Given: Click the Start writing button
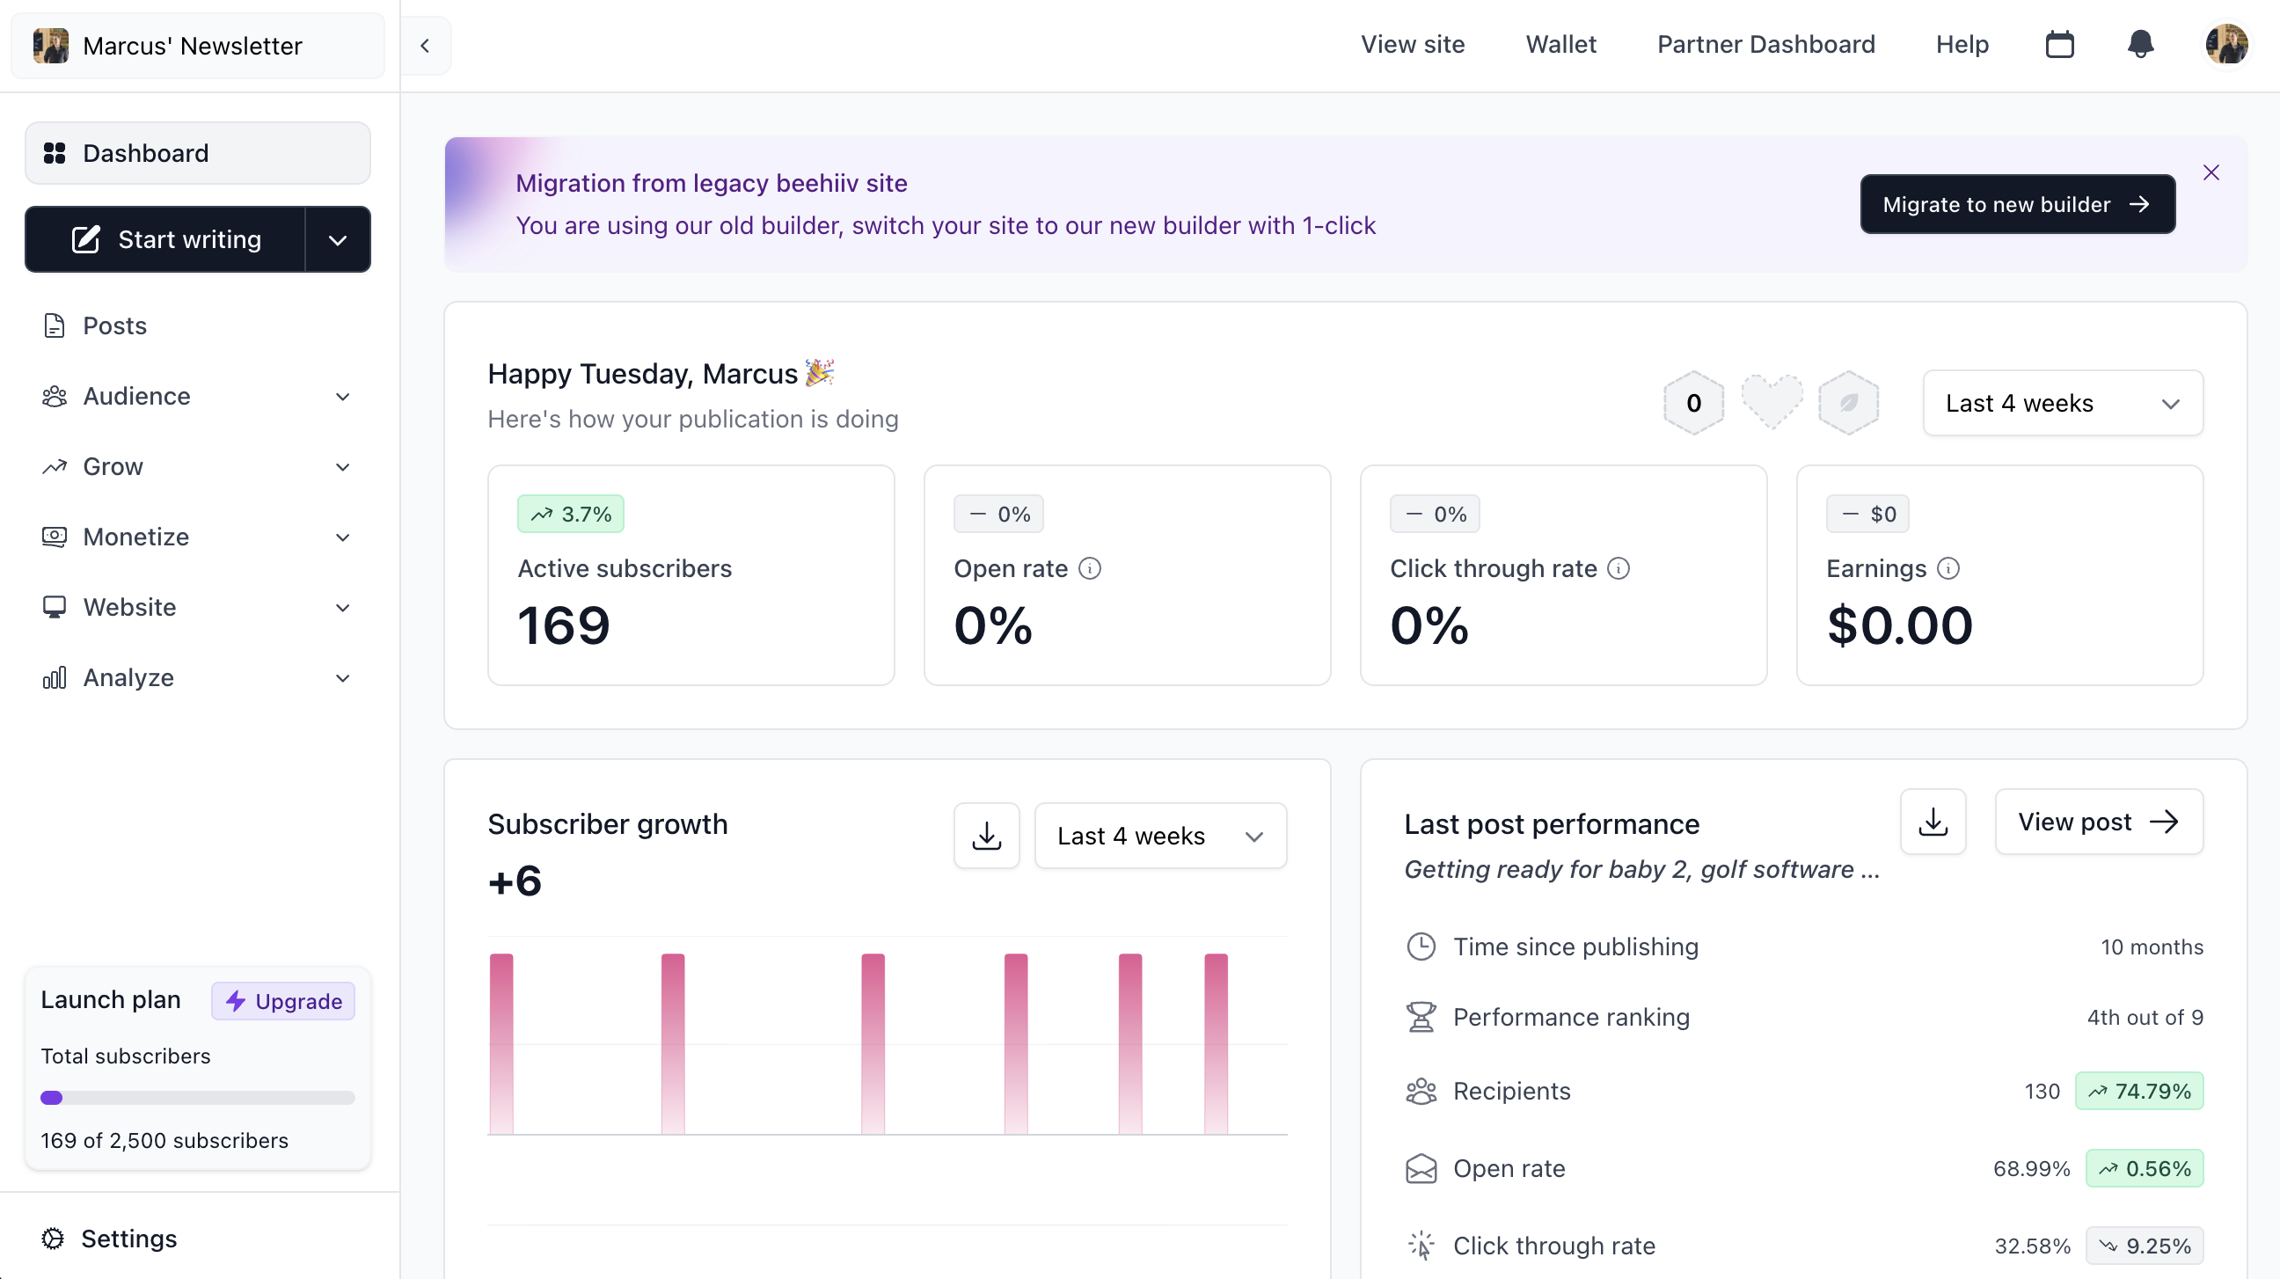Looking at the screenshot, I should click(x=166, y=239).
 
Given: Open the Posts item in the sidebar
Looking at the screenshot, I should click(x=114, y=325).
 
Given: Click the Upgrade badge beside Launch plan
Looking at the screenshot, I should click(x=283, y=1001).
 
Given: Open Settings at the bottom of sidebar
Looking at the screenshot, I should click(x=128, y=1239).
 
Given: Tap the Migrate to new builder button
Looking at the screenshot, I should click(x=2017, y=204).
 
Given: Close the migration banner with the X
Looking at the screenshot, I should click(x=2211, y=172).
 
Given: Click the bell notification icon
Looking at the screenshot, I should click(x=2140, y=44).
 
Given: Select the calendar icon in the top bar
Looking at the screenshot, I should click(x=2059, y=44).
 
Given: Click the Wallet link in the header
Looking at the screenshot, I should click(x=1560, y=44).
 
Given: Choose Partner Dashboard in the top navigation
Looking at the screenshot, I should click(x=1765, y=44).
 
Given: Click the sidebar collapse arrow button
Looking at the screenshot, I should click(x=425, y=46).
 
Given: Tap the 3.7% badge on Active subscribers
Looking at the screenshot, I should click(x=571, y=515).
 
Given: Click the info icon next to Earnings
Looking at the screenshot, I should click(x=1948, y=568).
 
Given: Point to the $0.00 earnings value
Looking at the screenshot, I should click(x=1899, y=625).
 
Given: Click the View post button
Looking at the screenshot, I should click(x=2098, y=822).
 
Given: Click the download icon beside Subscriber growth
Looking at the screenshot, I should click(x=986, y=836).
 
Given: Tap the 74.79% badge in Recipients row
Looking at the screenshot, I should click(x=2138, y=1092).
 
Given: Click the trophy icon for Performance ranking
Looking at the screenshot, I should click(x=1421, y=1017).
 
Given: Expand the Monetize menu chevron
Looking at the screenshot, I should click(x=342, y=537).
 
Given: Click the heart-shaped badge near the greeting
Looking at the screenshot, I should click(x=1771, y=402).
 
